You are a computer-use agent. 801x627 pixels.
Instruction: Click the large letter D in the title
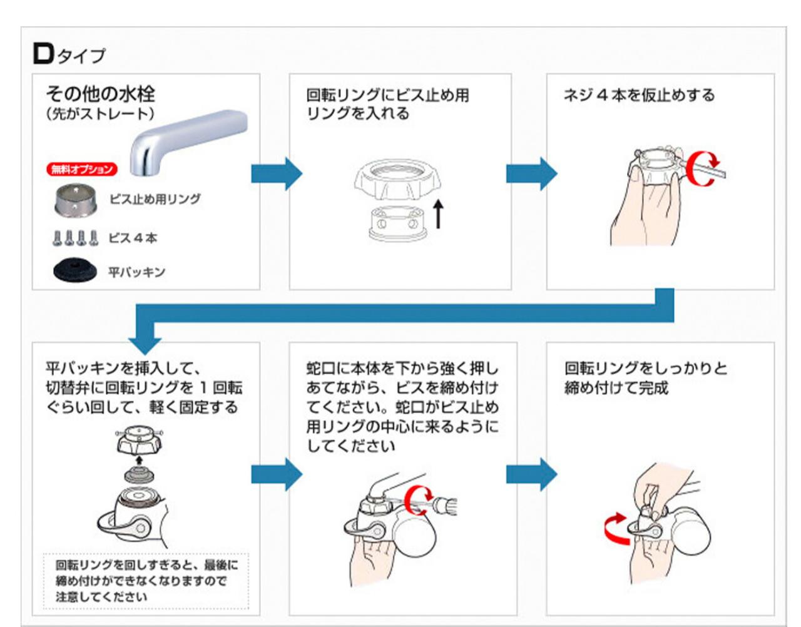[x=43, y=54]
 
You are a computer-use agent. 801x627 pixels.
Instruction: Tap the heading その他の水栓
[x=100, y=94]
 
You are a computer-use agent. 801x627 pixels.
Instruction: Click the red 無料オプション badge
[x=82, y=169]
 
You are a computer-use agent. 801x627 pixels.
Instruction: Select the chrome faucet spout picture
[x=188, y=141]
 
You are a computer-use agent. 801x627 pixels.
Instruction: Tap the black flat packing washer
[x=76, y=270]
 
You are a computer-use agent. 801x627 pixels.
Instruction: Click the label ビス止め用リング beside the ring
[x=155, y=199]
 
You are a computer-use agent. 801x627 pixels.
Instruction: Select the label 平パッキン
[x=136, y=272]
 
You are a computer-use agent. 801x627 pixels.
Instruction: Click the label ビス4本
[x=133, y=238]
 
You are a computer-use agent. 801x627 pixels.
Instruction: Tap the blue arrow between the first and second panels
[x=276, y=173]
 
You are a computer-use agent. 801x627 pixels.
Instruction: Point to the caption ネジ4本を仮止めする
[x=639, y=95]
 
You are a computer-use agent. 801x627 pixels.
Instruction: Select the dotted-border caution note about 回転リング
[x=146, y=581]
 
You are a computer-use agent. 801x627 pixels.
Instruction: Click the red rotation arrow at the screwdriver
[x=416, y=501]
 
